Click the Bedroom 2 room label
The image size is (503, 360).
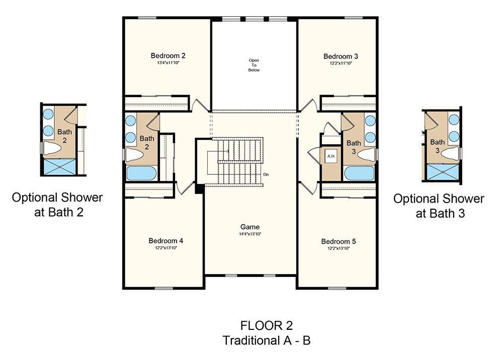tap(168, 55)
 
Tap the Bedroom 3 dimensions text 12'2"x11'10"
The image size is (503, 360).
tap(341, 63)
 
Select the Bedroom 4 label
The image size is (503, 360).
tap(166, 240)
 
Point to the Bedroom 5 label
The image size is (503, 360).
tap(339, 241)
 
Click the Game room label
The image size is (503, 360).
tap(250, 227)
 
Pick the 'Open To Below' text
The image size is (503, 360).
tap(254, 65)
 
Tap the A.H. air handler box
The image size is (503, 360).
tap(331, 156)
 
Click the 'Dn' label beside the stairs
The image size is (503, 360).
tap(266, 174)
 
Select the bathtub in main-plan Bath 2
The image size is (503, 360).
tap(141, 173)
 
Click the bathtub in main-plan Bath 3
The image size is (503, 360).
tap(359, 173)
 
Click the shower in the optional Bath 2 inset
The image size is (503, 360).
tap(59, 167)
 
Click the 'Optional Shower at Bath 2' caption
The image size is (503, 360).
tap(57, 205)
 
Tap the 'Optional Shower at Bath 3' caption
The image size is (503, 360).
tap(439, 206)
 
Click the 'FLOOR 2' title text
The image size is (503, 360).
tap(267, 326)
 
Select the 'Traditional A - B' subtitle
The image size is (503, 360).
tap(267, 340)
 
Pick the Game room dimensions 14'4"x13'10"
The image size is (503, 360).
tap(250, 234)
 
